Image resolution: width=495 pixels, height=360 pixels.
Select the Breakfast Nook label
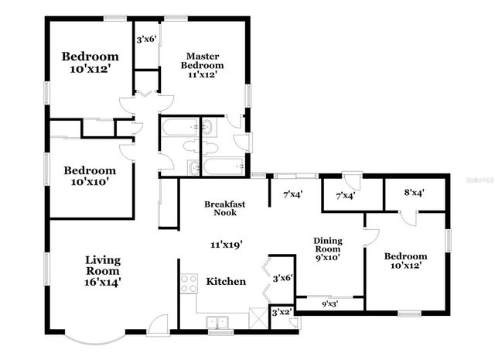tap(225, 208)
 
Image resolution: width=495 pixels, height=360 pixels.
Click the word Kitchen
tap(226, 281)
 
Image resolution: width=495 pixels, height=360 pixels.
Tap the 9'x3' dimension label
tap(330, 303)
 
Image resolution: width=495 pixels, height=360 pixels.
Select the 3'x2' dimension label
tap(280, 313)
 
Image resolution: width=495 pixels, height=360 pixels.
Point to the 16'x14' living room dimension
tap(102, 283)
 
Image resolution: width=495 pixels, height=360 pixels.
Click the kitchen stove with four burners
tap(189, 283)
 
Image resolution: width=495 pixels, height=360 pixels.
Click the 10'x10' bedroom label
tap(90, 182)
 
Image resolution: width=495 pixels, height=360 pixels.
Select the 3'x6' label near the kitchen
tap(282, 278)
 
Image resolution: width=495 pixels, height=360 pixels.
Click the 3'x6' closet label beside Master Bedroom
tap(145, 39)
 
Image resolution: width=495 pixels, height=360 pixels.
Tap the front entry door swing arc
tap(158, 324)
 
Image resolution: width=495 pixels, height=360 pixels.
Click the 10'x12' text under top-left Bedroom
tap(90, 68)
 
